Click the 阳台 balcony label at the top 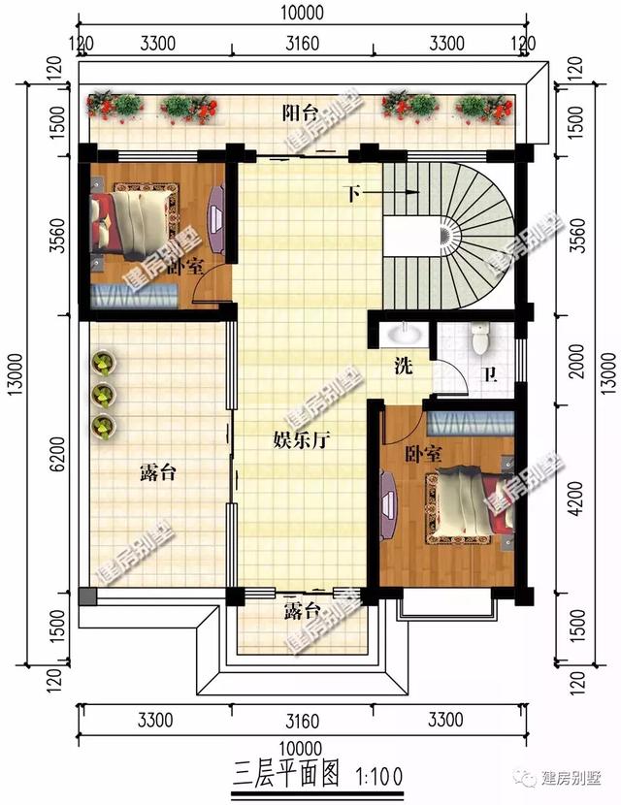click(300, 113)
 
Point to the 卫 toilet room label click(491, 374)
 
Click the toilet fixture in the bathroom click(478, 338)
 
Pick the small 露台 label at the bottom click(302, 611)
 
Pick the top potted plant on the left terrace click(105, 364)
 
